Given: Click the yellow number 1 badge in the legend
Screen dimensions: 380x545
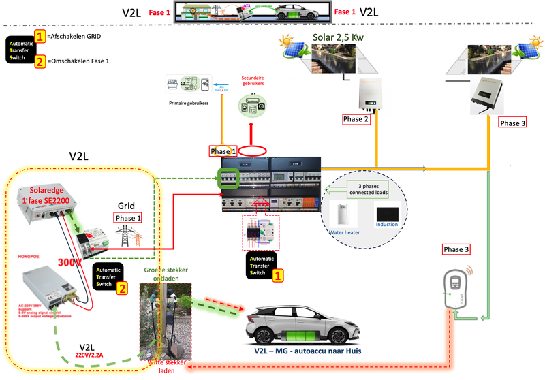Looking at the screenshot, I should [40, 36].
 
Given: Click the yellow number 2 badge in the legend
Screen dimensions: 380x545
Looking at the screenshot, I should [40, 62].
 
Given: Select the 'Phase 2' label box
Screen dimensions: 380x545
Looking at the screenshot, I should [357, 119].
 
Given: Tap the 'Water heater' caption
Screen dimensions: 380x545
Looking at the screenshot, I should [344, 233].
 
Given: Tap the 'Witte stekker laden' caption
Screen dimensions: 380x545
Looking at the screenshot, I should [166, 368].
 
